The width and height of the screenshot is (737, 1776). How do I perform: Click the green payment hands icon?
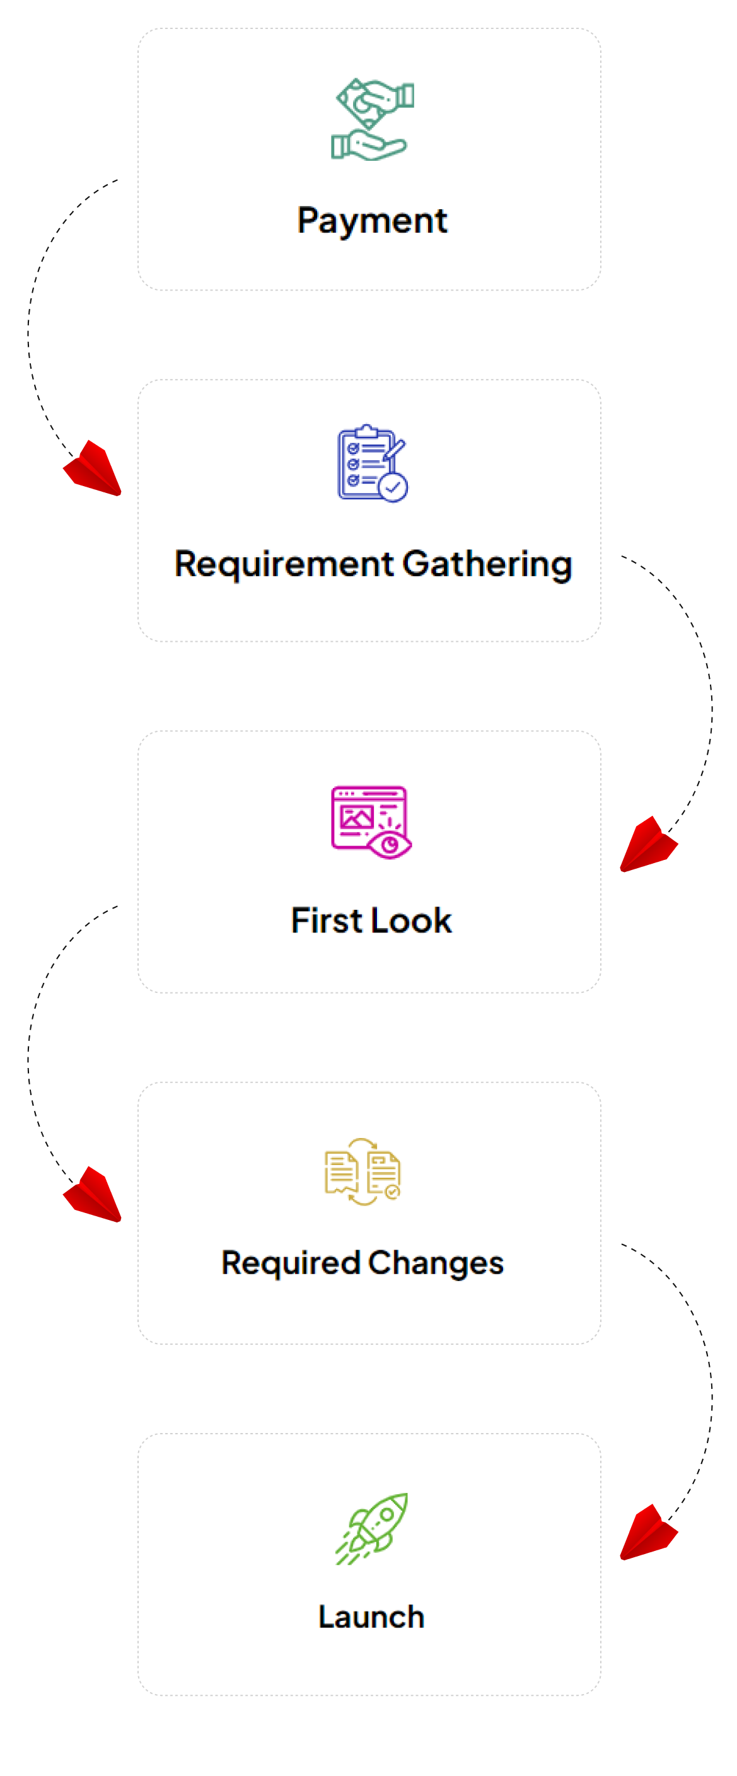coord(373,119)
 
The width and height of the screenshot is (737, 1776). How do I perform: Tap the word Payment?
coord(373,221)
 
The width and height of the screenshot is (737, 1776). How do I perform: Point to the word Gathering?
coord(487,565)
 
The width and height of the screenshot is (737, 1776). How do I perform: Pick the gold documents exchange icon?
coord(363,1171)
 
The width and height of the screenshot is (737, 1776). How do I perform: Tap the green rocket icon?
coord(373,1528)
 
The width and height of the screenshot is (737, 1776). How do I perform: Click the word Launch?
coord(371,1617)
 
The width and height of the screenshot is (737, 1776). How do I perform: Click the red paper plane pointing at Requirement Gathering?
coord(94,468)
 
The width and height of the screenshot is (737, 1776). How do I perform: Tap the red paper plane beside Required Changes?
coord(94,1195)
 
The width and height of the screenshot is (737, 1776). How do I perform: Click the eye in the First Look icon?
coord(390,845)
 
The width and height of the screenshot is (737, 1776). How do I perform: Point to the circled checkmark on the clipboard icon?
coord(393,487)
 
